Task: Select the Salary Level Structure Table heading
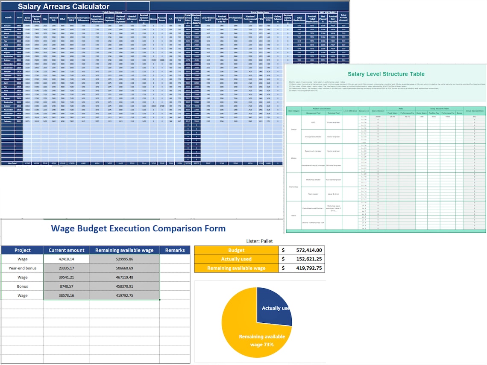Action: [386, 74]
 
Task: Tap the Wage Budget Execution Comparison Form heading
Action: [138, 228]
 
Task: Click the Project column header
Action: [22, 250]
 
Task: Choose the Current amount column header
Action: [66, 250]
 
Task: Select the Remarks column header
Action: [175, 250]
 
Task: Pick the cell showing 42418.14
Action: [66, 259]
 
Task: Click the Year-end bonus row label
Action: [22, 268]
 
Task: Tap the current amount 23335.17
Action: [66, 268]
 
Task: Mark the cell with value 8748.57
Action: [66, 286]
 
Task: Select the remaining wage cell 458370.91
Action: [124, 286]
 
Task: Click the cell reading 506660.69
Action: [124, 268]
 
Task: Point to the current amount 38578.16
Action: [66, 295]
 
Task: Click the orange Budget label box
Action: [236, 250]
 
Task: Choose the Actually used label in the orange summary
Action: [236, 259]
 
